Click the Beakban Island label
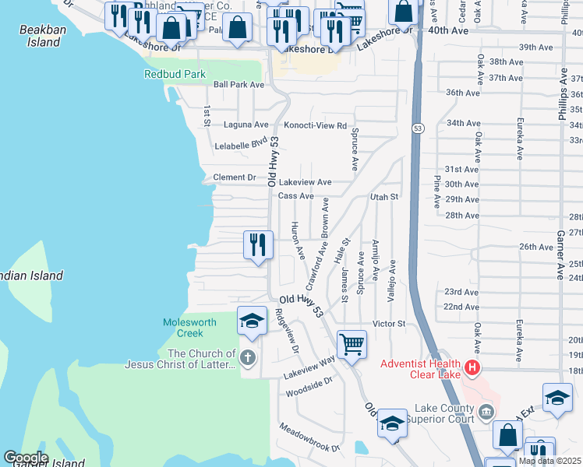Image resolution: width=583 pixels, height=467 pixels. pyautogui.click(x=39, y=36)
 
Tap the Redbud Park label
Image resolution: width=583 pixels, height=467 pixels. pyautogui.click(x=175, y=75)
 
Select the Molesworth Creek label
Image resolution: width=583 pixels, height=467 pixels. pyautogui.click(x=184, y=328)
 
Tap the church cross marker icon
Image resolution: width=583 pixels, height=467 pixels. pyautogui.click(x=247, y=358)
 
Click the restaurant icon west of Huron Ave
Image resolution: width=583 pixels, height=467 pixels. pyautogui.click(x=257, y=244)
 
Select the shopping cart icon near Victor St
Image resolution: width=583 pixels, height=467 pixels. pyautogui.click(x=352, y=343)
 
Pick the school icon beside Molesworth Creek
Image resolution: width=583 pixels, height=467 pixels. pyautogui.click(x=252, y=321)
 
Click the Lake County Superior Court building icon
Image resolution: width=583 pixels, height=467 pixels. pyautogui.click(x=487, y=411)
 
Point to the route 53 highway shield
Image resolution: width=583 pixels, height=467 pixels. pyautogui.click(x=418, y=128)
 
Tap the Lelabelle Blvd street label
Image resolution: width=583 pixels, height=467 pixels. pyautogui.click(x=241, y=146)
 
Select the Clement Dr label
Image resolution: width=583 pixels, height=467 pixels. pyautogui.click(x=235, y=177)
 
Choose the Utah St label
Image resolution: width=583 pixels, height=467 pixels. pyautogui.click(x=384, y=197)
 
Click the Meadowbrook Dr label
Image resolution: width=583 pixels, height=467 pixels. pyautogui.click(x=310, y=439)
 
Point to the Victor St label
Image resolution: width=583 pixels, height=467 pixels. pyautogui.click(x=390, y=323)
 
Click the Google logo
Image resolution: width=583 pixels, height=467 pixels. pyautogui.click(x=26, y=458)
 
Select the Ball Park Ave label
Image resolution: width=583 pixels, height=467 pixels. pyautogui.click(x=239, y=84)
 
